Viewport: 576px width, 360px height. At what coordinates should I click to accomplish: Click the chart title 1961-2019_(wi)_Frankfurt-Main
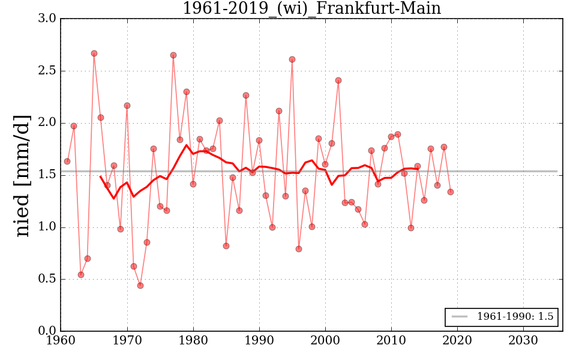point(311,8)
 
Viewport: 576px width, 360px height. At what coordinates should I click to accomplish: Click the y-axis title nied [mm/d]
point(22,175)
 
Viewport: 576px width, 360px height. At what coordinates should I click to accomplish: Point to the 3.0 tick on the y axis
point(48,19)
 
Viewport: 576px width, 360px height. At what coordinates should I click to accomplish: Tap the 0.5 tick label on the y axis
point(48,279)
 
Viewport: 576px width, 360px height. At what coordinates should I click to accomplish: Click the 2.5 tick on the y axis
point(48,71)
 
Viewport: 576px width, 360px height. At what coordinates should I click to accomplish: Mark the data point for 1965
point(94,53)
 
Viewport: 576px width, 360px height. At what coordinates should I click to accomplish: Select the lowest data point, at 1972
point(140,286)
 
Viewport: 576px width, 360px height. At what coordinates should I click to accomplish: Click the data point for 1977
point(173,55)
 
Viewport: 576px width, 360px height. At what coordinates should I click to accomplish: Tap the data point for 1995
point(292,59)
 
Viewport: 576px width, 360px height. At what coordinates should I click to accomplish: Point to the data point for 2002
point(338,80)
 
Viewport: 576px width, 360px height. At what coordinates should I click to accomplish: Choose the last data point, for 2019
point(451,192)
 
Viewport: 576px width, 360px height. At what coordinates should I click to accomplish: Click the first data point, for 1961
point(67,161)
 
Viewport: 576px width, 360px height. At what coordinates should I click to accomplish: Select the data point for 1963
point(81,275)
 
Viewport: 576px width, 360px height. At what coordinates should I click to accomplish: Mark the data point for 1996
point(299,249)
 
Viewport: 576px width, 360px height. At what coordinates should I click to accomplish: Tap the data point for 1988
point(246,95)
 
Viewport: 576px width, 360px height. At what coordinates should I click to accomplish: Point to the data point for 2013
point(411,228)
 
